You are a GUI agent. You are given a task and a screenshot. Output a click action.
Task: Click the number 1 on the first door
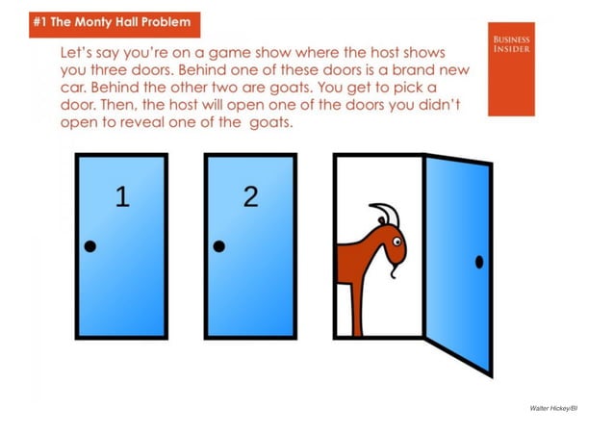point(122,197)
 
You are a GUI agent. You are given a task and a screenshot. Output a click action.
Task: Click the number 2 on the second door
point(251,196)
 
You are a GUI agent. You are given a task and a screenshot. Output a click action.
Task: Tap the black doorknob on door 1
point(90,246)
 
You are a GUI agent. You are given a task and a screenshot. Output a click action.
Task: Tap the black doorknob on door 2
point(219,246)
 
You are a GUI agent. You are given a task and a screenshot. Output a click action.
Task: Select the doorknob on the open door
point(479,261)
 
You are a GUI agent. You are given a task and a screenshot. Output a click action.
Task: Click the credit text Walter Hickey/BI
point(553,408)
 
